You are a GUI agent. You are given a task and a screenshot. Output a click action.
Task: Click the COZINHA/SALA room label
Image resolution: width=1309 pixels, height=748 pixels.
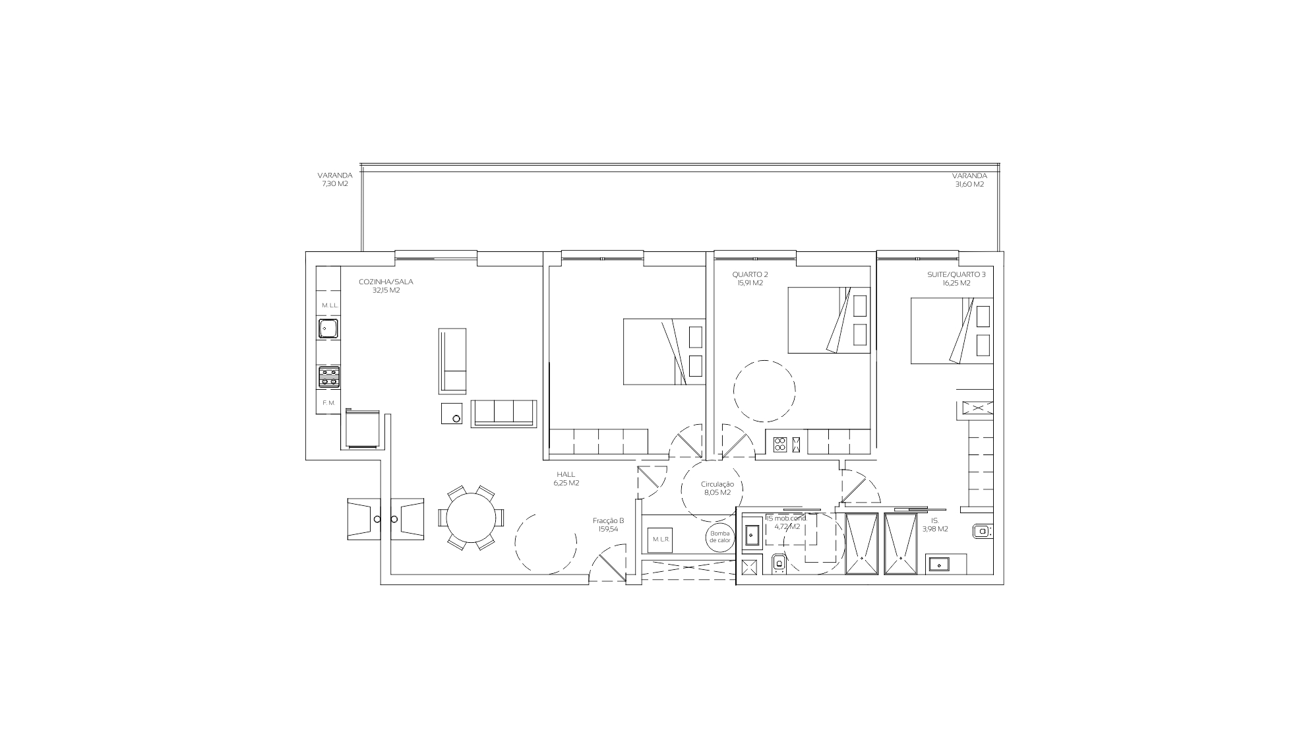click(386, 286)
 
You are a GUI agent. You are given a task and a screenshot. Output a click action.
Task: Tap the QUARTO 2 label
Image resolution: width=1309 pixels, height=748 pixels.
click(750, 278)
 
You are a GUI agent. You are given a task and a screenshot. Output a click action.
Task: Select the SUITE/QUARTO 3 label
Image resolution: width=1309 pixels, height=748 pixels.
click(956, 278)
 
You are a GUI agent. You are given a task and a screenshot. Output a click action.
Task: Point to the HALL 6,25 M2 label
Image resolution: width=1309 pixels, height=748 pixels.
click(566, 479)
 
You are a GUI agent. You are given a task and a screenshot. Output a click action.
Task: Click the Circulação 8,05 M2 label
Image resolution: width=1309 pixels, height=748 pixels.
click(717, 488)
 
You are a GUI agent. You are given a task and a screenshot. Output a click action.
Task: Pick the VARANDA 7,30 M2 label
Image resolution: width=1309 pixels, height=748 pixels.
click(334, 179)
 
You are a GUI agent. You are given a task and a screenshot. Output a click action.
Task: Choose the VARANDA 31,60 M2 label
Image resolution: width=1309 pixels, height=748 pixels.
click(969, 180)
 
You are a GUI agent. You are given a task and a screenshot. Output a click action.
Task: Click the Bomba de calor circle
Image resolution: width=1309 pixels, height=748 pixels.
click(719, 537)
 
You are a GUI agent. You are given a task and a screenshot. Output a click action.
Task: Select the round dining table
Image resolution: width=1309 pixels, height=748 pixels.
click(472, 518)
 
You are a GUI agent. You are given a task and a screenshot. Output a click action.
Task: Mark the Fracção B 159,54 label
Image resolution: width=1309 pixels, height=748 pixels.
click(608, 524)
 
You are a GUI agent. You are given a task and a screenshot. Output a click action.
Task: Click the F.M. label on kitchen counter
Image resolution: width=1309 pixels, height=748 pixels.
click(329, 402)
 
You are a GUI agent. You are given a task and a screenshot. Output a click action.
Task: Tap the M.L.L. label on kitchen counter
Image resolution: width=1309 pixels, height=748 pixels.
click(330, 305)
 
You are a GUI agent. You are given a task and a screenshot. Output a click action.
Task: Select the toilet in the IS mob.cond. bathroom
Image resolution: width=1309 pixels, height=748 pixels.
click(779, 564)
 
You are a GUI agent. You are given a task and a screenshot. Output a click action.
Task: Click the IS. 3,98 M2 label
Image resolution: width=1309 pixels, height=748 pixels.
click(935, 524)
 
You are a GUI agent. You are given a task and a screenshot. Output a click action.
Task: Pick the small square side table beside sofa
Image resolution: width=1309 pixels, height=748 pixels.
click(452, 414)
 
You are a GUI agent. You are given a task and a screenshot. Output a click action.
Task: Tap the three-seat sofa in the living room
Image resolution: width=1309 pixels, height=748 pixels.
click(504, 414)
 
